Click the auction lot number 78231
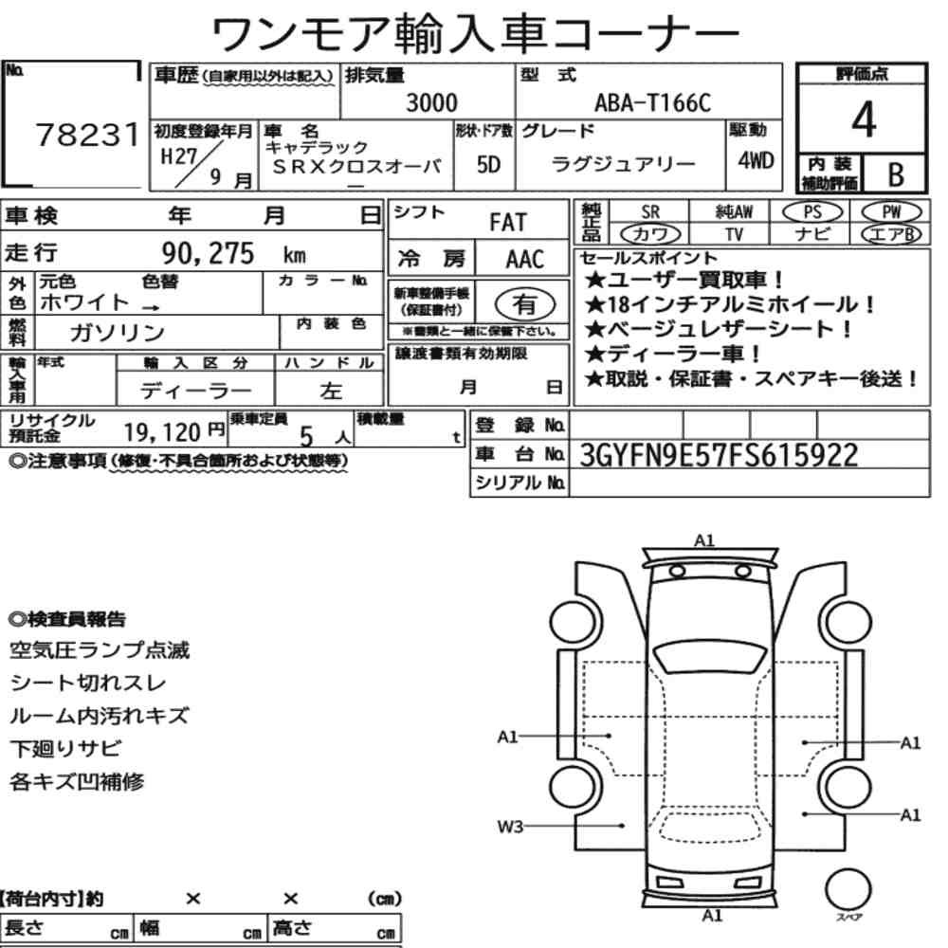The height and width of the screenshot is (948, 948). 87,135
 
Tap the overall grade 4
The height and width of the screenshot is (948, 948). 864,119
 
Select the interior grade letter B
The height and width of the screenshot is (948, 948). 896,174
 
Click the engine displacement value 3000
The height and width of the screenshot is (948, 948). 431,102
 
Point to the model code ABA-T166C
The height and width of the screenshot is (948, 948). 653,102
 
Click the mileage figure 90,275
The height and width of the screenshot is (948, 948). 208,253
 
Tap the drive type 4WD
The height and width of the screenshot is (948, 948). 756,161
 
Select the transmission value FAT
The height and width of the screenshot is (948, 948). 508,223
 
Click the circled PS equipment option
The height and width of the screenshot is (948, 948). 812,212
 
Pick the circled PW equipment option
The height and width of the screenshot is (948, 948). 891,212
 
